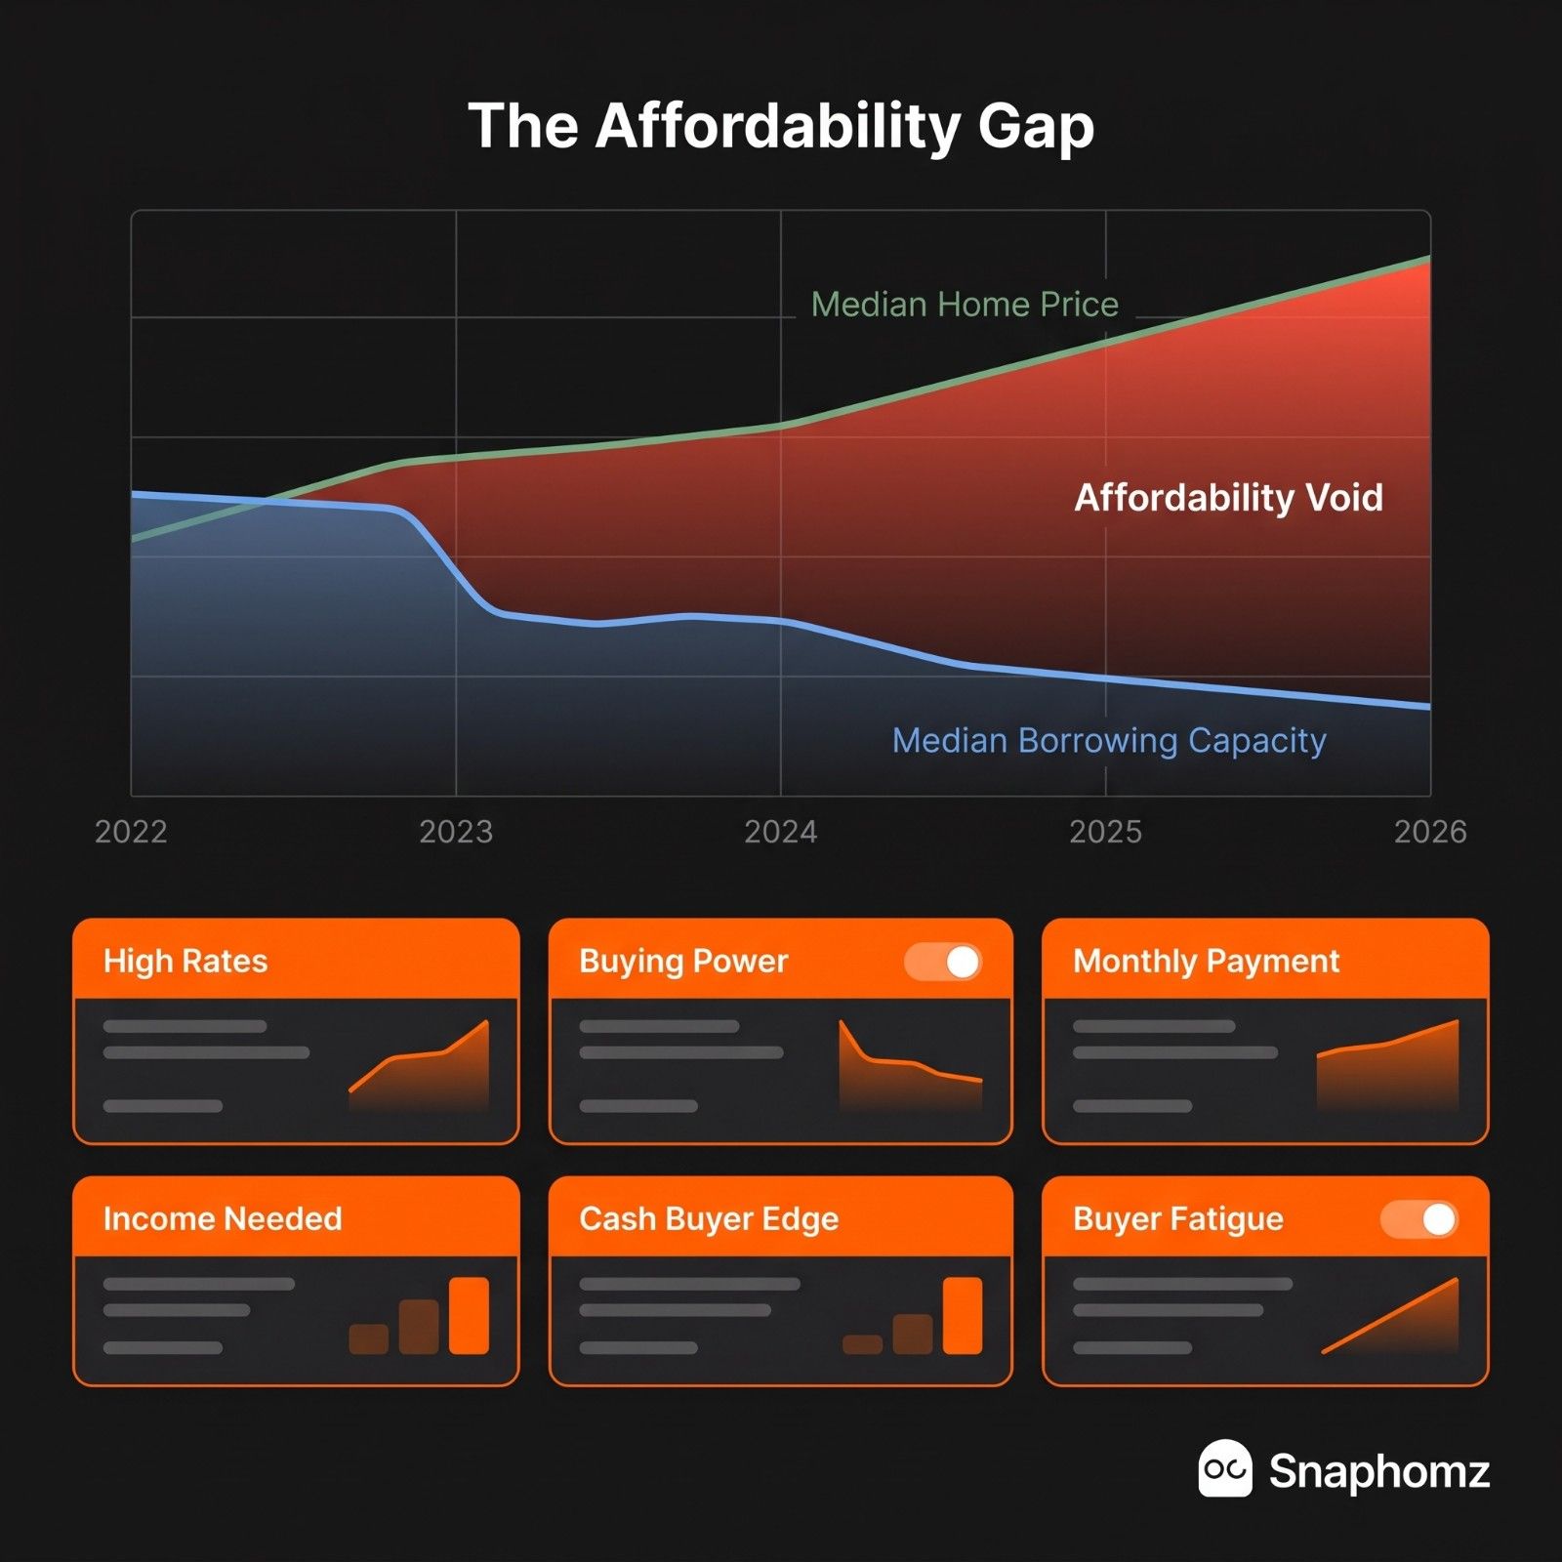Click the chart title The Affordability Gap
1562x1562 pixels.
pos(781,127)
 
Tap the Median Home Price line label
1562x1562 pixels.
pos(965,305)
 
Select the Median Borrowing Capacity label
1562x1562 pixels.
pos(1109,741)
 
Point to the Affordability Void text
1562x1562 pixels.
pos(1228,498)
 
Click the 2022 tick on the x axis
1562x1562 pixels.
pos(131,832)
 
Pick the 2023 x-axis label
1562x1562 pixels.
pos(456,832)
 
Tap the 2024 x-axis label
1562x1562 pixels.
pos(781,832)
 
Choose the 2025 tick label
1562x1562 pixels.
pos(1105,832)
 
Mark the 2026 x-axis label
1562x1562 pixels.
pos(1430,832)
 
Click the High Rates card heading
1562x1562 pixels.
pos(185,962)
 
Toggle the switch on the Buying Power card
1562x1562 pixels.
pos(943,962)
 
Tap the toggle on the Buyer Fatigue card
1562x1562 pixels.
pos(1419,1219)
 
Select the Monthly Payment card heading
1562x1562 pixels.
pos(1206,962)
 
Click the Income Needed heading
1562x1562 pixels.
pos(223,1219)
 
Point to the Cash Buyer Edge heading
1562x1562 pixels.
pos(709,1219)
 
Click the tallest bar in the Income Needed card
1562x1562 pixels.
pos(469,1315)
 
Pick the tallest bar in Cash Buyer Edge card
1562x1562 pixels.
pos(963,1315)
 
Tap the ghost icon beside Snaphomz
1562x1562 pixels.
pos(1224,1468)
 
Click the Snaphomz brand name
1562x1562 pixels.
pos(1379,1471)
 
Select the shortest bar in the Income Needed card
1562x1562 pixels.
pos(369,1339)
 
